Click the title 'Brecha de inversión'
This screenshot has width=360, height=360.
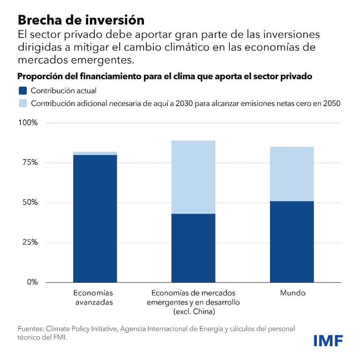pos(81,20)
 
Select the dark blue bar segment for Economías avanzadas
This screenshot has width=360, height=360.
pos(95,219)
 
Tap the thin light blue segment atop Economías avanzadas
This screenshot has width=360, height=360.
pos(95,153)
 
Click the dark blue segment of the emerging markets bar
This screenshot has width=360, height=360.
pos(193,248)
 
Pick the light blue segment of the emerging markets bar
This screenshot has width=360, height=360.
pos(193,177)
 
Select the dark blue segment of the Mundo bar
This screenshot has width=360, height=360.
pos(292,242)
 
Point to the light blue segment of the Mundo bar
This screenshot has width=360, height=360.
pos(292,174)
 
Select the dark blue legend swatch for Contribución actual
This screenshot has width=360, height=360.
pos(23,91)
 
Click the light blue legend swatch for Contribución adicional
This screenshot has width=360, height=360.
pos(23,103)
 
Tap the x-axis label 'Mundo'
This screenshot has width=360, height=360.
pos(293,293)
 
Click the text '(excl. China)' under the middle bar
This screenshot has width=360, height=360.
pos(194,312)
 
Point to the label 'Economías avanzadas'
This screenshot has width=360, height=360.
pos(93,298)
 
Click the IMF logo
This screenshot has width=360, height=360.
pos(328,340)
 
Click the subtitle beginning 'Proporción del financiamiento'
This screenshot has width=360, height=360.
pos(165,76)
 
